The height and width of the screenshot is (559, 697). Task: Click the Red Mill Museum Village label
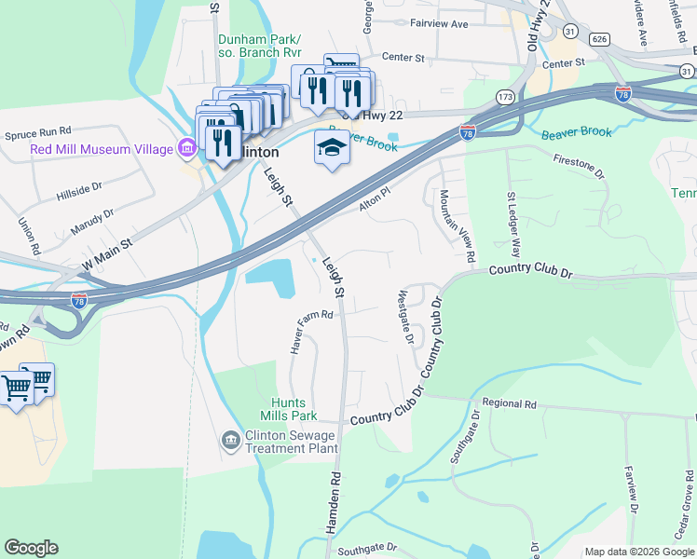(101, 149)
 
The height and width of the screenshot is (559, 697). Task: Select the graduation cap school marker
(331, 147)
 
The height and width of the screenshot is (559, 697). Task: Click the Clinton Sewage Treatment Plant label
(291, 441)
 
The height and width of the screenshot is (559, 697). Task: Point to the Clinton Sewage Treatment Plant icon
(230, 439)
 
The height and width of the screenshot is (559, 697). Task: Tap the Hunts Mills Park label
(289, 409)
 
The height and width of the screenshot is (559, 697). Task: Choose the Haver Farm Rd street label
(311, 331)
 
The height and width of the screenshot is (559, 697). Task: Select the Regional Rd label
(511, 404)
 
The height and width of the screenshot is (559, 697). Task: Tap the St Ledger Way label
(513, 225)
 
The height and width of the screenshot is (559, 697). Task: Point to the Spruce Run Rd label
(37, 132)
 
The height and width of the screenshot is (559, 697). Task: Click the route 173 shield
(505, 96)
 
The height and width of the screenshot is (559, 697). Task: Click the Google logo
(31, 548)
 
